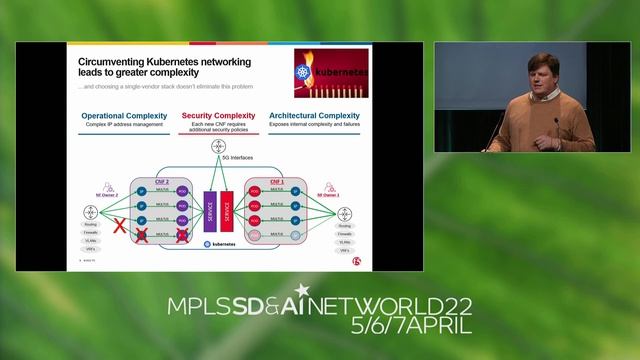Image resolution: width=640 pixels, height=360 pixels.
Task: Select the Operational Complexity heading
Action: (x=124, y=116)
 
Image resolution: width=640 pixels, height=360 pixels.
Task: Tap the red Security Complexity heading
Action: (x=218, y=116)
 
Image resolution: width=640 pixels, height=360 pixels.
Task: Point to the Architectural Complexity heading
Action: (x=314, y=116)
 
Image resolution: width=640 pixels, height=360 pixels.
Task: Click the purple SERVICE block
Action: (x=210, y=212)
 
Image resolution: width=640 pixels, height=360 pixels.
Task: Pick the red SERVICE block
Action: (x=226, y=212)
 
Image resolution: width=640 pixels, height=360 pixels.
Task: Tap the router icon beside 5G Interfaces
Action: (x=218, y=147)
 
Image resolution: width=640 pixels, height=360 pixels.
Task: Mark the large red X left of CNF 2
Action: (x=120, y=227)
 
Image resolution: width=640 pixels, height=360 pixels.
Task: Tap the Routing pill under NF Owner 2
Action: (x=91, y=226)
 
